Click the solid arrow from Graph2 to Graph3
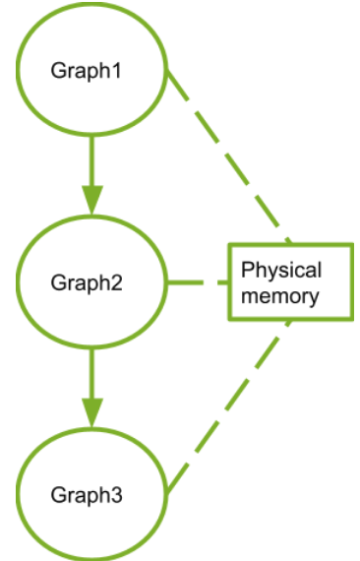[x=92, y=379]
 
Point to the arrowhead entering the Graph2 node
[x=92, y=201]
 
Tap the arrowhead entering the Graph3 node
[x=92, y=414]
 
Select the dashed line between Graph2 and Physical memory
[x=197, y=283]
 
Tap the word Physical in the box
[x=282, y=271]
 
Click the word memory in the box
[x=282, y=295]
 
